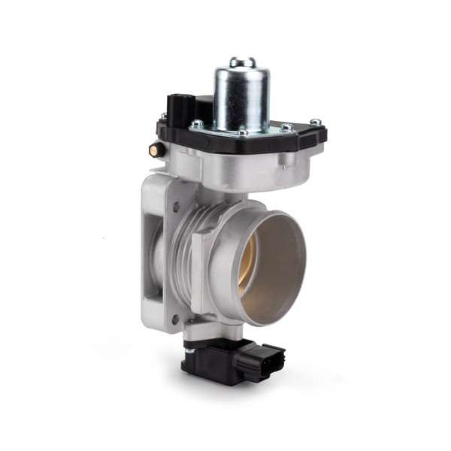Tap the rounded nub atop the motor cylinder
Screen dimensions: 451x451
242,62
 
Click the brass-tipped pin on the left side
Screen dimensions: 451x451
156,150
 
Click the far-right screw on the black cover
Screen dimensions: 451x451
316,122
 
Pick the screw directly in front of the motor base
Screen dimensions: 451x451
242,134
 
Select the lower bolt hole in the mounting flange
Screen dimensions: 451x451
175,320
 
